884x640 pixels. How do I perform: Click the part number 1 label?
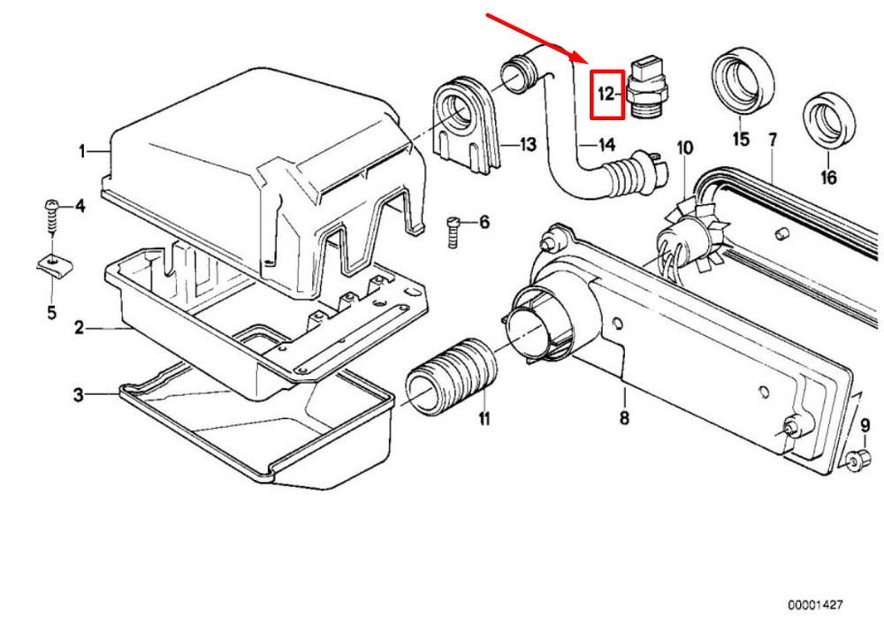(x=81, y=151)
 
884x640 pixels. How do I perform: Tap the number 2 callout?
(x=79, y=327)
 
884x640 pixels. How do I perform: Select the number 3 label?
(x=79, y=395)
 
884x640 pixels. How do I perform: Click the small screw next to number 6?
(x=453, y=232)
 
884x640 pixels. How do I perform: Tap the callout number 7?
(x=773, y=140)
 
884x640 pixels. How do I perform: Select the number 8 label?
(x=624, y=418)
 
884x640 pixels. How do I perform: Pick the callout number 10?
(x=684, y=149)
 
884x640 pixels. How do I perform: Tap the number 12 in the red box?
(x=606, y=94)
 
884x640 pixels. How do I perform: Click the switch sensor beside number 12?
(x=645, y=87)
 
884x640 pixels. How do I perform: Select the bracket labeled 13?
(x=466, y=124)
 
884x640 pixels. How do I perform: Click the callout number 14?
(x=606, y=146)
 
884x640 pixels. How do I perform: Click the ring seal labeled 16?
(x=829, y=122)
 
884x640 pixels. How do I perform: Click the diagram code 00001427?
(x=815, y=605)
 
